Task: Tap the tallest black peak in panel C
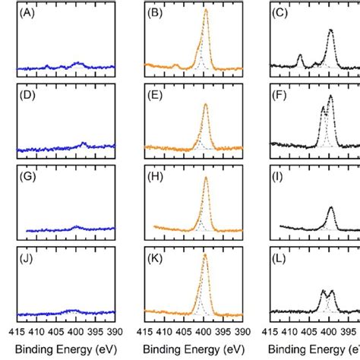(330, 30)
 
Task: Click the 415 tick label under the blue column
(17, 332)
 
